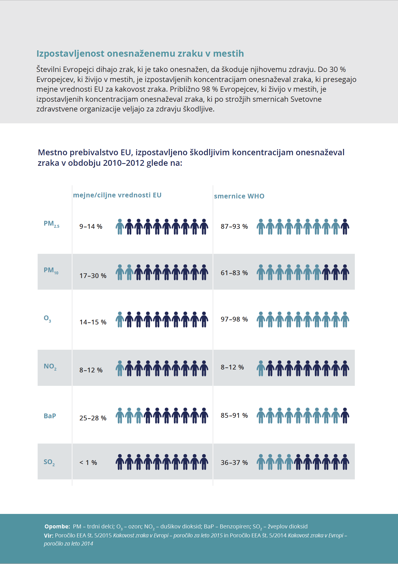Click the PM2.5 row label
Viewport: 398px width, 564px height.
(52, 224)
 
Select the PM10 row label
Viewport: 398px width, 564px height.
(51, 270)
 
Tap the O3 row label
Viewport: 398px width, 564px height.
(47, 319)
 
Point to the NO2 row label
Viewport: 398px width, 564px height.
(50, 367)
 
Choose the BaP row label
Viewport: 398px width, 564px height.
(50, 416)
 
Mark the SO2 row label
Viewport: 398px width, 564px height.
(49, 462)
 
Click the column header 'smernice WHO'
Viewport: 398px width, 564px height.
(239, 196)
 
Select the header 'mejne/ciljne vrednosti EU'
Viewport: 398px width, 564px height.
(117, 195)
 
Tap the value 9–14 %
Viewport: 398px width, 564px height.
(91, 226)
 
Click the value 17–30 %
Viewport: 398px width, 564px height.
(93, 276)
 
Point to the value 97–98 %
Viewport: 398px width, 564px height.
(234, 319)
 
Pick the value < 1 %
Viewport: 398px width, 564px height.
(88, 463)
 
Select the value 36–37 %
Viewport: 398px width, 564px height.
(234, 463)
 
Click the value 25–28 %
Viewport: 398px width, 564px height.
(93, 418)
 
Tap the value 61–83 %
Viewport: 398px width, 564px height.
(234, 273)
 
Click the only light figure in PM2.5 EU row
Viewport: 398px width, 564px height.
(120, 227)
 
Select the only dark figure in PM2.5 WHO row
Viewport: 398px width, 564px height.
(345, 227)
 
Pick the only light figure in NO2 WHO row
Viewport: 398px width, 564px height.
(261, 368)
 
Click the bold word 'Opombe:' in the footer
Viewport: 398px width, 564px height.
(57, 526)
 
